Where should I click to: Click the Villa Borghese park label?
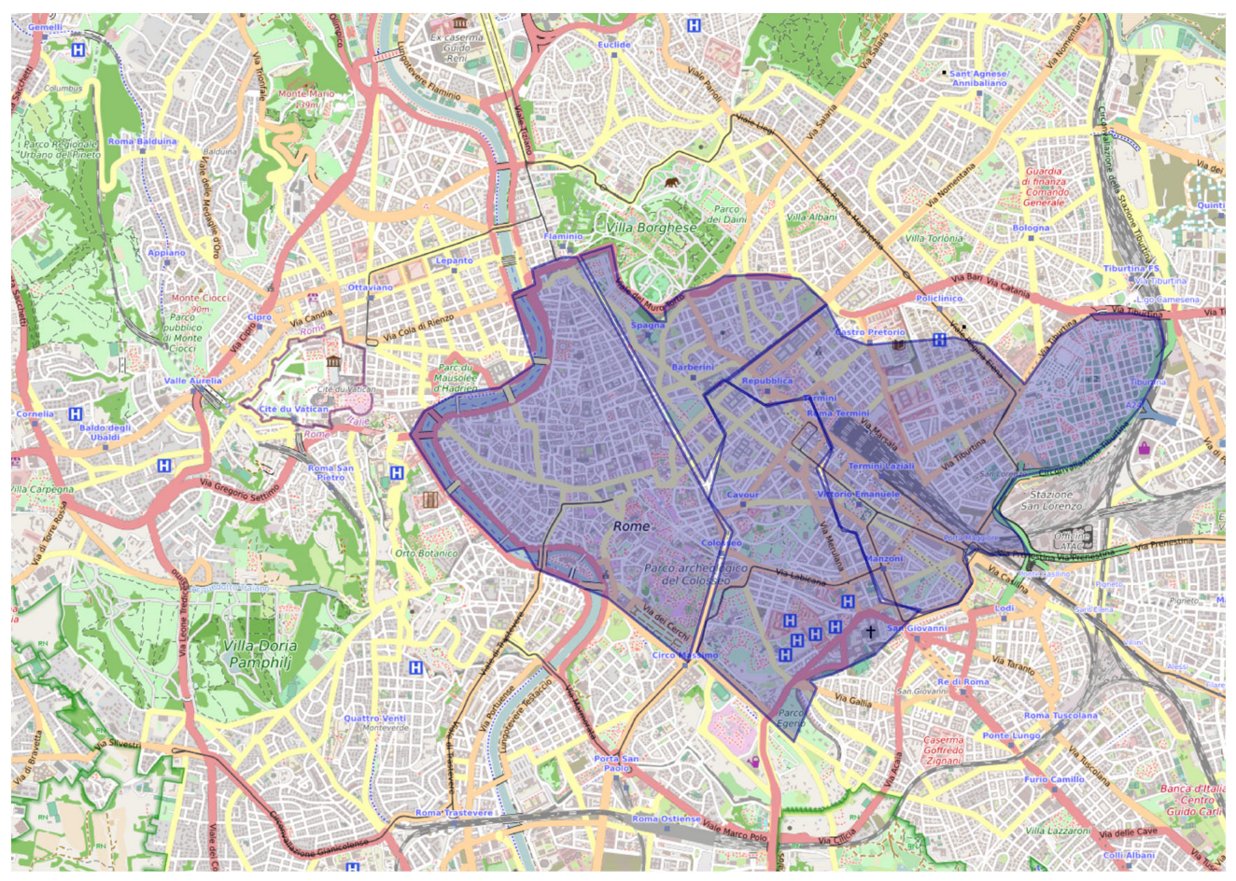point(651,228)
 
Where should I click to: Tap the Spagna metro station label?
point(648,326)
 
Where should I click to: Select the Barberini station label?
point(693,367)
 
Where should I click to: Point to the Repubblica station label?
point(766,381)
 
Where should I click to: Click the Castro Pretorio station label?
point(869,332)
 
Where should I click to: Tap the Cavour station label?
point(742,495)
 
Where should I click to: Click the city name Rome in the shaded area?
point(631,526)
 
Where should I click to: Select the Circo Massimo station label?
point(685,655)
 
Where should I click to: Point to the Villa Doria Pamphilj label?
point(260,653)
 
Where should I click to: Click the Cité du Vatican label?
point(293,409)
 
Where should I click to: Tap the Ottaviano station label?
point(371,287)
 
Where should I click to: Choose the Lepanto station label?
point(454,260)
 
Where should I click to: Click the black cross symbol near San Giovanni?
point(870,632)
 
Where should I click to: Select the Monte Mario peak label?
point(305,99)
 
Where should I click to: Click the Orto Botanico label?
point(426,553)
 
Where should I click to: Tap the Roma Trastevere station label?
point(454,813)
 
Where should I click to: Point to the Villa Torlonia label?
point(934,238)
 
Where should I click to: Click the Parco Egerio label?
point(791,718)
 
